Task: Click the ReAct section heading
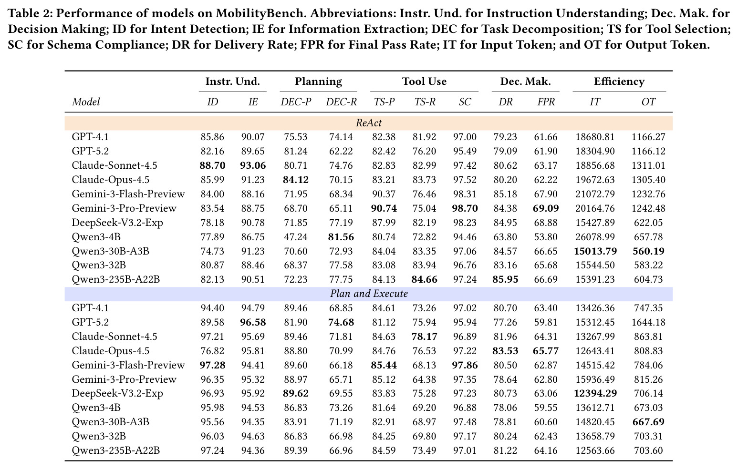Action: [369, 123]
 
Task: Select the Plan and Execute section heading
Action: [369, 294]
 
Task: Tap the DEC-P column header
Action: [296, 102]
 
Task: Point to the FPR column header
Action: [546, 102]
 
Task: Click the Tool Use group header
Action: [425, 82]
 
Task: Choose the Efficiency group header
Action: [619, 82]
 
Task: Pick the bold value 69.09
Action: [546, 208]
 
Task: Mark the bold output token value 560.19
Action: [648, 251]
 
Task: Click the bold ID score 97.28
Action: [212, 365]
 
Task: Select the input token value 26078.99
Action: [595, 237]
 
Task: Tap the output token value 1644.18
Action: [648, 322]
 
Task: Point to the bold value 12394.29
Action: [595, 393]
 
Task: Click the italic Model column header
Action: [86, 102]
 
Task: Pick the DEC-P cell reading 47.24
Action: [296, 237]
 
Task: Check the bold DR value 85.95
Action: [505, 279]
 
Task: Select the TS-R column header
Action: [425, 102]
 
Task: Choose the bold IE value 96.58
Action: [253, 322]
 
